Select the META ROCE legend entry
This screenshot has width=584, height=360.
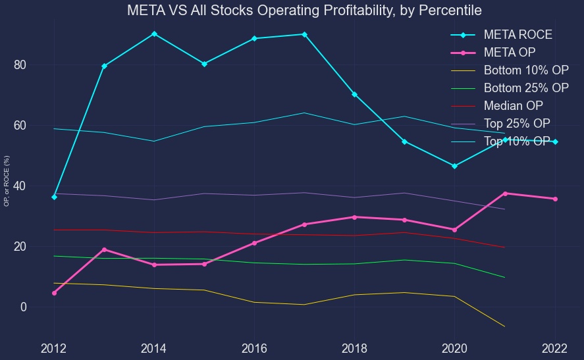pos(518,34)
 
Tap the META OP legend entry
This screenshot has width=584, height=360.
pos(509,53)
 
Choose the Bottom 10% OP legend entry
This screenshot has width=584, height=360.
pos(526,70)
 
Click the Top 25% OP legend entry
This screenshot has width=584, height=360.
pos(517,124)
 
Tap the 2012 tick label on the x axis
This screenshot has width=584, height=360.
pos(54,349)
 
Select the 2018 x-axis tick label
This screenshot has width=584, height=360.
pos(354,349)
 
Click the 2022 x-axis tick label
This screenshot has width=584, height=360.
pos(554,349)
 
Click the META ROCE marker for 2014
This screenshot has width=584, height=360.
pos(154,34)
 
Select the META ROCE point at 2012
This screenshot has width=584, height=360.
pos(54,197)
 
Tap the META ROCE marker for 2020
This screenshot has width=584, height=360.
pos(454,166)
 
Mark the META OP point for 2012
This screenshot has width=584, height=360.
pos(54,293)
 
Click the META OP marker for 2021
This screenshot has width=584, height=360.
pos(505,193)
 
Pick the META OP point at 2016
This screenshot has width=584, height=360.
pos(254,243)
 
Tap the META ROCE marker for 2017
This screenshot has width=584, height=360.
pos(304,34)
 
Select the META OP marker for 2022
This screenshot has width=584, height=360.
pos(554,199)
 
